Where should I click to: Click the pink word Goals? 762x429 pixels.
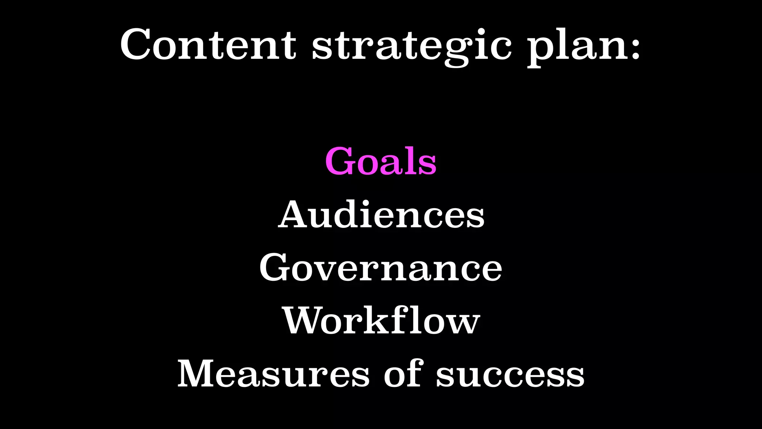[x=381, y=161]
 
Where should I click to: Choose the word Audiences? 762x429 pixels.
[x=381, y=214]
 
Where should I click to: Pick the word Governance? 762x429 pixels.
[x=381, y=268]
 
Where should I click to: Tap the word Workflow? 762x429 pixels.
[x=381, y=321]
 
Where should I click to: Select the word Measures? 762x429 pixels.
[x=273, y=374]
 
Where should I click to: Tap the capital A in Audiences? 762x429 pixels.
[x=294, y=214]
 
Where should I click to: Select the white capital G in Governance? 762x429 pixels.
[x=275, y=268]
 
